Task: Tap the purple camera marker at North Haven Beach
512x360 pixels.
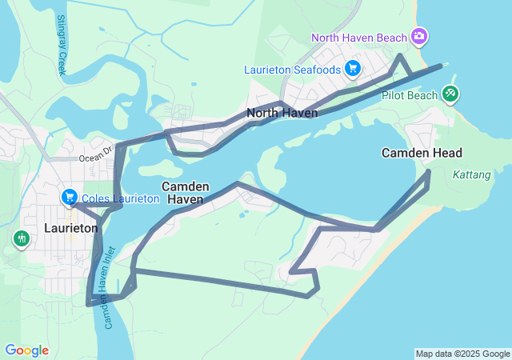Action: pyautogui.click(x=419, y=36)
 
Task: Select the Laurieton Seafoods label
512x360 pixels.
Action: pyautogui.click(x=292, y=70)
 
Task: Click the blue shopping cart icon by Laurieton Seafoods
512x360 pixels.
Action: pyautogui.click(x=352, y=69)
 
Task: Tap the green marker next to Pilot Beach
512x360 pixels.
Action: pyautogui.click(x=450, y=94)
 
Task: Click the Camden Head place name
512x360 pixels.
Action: pyautogui.click(x=422, y=153)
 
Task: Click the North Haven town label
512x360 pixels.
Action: pyautogui.click(x=282, y=113)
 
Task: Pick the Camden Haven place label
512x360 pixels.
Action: pyautogui.click(x=186, y=192)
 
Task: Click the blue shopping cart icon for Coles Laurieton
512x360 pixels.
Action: pyautogui.click(x=70, y=197)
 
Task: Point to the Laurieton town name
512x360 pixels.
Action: pyautogui.click(x=71, y=228)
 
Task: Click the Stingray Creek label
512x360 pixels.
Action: pyautogui.click(x=61, y=46)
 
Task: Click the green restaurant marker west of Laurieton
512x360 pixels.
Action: pyautogui.click(x=20, y=238)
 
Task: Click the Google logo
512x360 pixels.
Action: pyautogui.click(x=26, y=350)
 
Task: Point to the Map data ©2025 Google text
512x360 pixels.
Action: pyautogui.click(x=462, y=354)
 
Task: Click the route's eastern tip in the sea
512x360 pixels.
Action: pyautogui.click(x=441, y=66)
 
